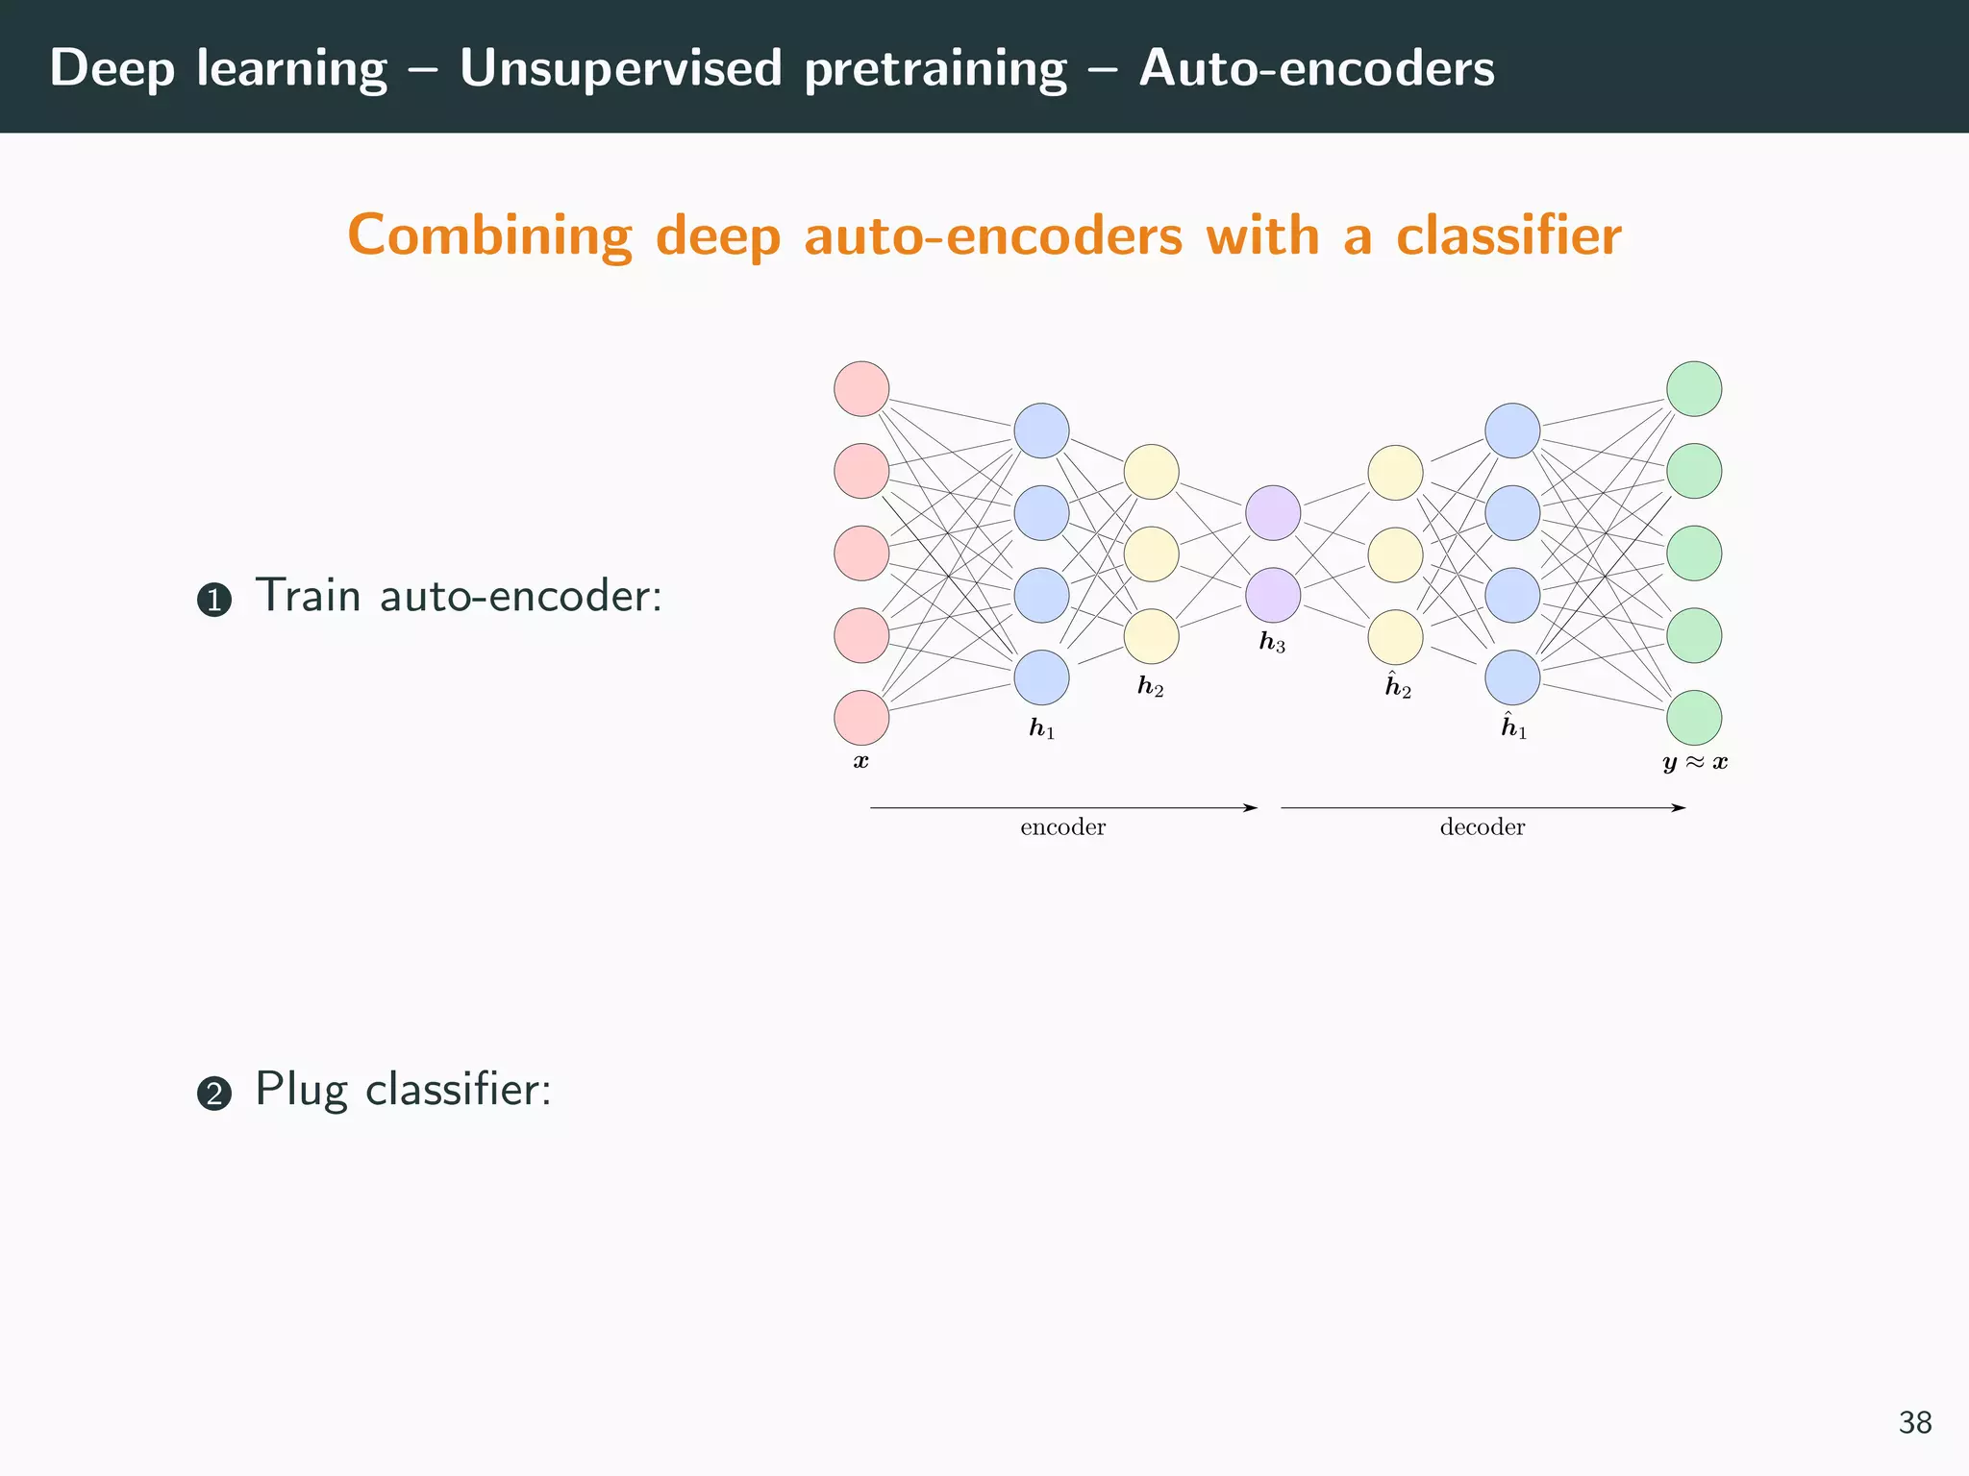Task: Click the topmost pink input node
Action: tap(860, 389)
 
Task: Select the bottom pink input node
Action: tap(860, 718)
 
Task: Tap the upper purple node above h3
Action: tap(1273, 512)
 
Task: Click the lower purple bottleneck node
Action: tap(1273, 595)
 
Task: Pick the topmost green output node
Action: tap(1693, 389)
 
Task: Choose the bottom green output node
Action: tap(1693, 718)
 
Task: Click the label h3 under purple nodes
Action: tap(1272, 642)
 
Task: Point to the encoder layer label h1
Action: tap(1041, 728)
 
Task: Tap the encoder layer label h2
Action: tap(1150, 686)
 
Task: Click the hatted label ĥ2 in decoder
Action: tap(1397, 686)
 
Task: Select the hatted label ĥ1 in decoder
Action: tap(1513, 726)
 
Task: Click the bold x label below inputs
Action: tap(860, 762)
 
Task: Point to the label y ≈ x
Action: tap(1694, 763)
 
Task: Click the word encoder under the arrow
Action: tap(1062, 827)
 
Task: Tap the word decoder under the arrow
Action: tap(1482, 827)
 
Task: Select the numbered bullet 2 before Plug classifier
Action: tap(214, 1094)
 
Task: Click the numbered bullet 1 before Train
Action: tap(214, 601)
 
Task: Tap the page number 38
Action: tap(1914, 1422)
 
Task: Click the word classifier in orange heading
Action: tap(1508, 235)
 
